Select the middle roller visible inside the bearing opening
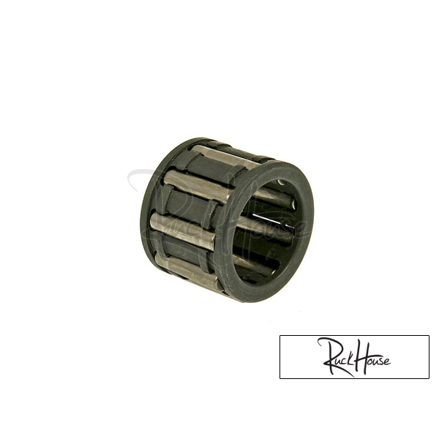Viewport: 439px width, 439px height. click(266, 225)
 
